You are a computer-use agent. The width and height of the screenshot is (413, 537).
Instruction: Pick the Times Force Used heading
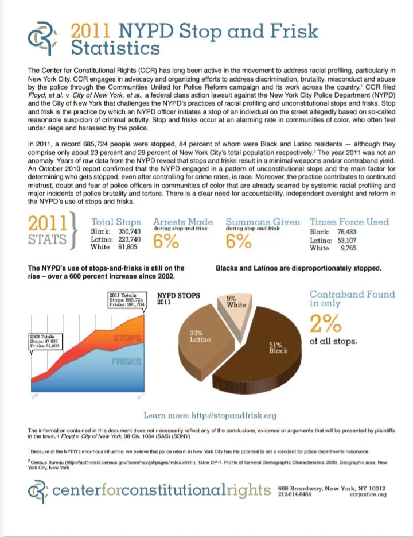pos(349,222)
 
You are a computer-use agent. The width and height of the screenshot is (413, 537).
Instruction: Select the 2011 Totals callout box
pos(125,300)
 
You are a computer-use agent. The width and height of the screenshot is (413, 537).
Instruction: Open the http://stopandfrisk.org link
pos(236,415)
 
